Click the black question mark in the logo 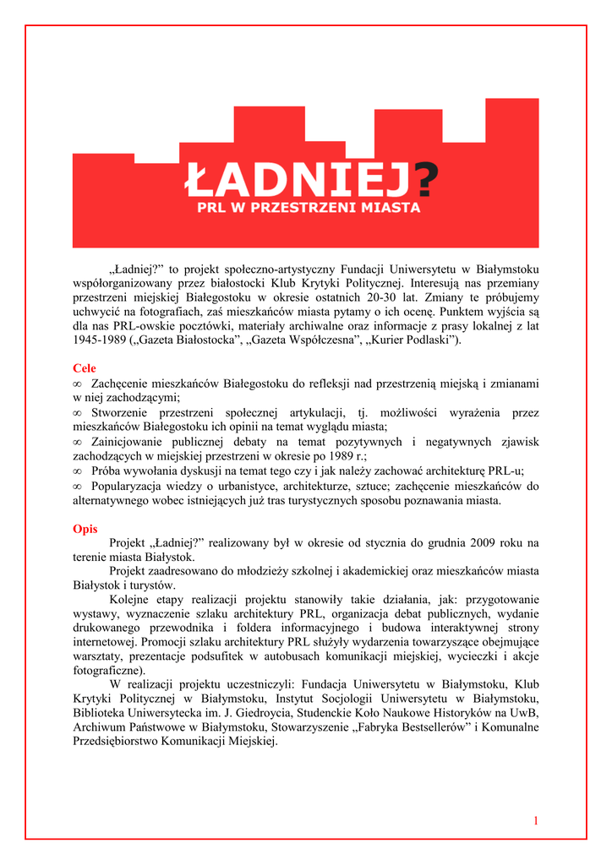click(x=429, y=179)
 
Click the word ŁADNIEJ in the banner click(x=300, y=179)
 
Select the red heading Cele click(x=85, y=368)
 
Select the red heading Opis click(x=85, y=529)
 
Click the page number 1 click(x=536, y=820)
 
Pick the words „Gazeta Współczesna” click(x=298, y=340)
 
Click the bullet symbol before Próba click(x=77, y=471)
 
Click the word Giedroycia click(x=282, y=713)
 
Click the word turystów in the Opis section click(x=152, y=585)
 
